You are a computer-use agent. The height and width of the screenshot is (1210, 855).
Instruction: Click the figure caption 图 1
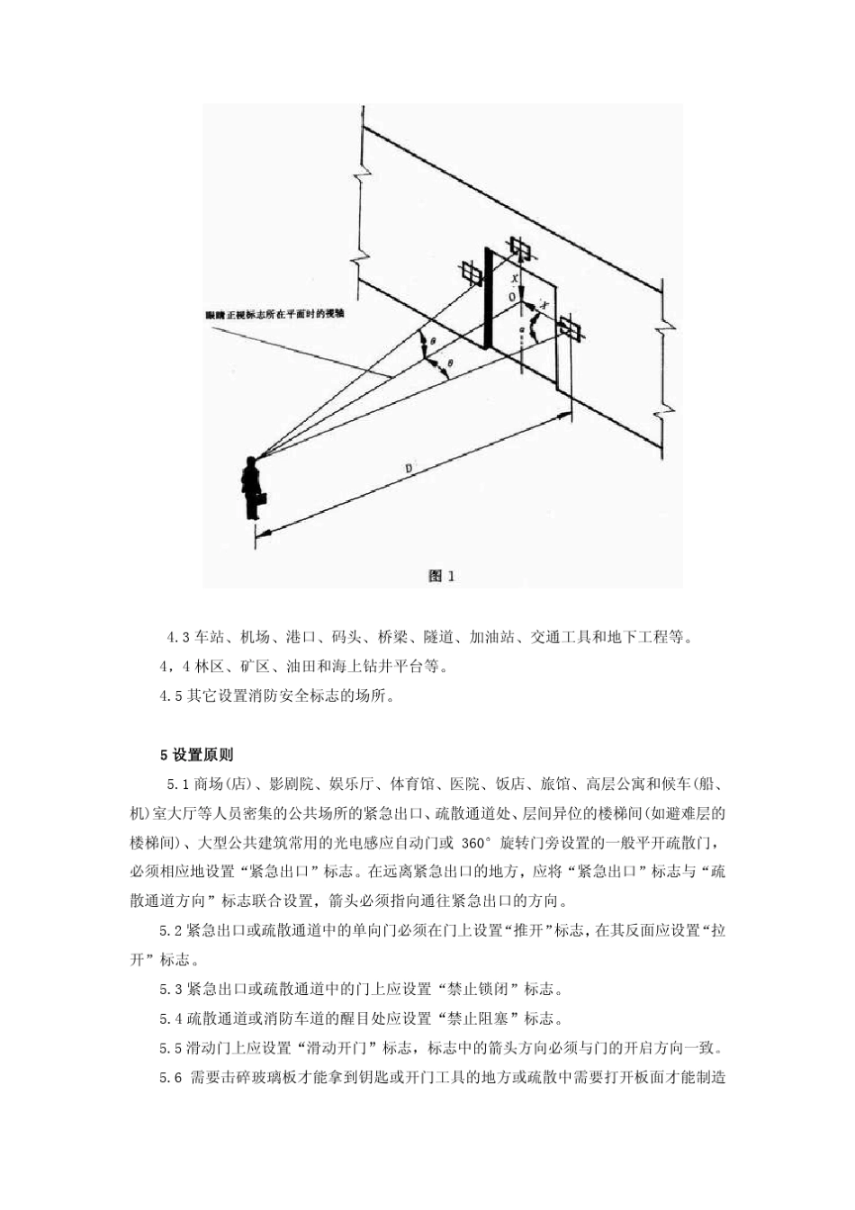coord(441,576)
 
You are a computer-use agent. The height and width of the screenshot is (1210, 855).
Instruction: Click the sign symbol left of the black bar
coord(470,273)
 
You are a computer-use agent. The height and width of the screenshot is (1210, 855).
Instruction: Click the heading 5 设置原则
coord(196,755)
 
